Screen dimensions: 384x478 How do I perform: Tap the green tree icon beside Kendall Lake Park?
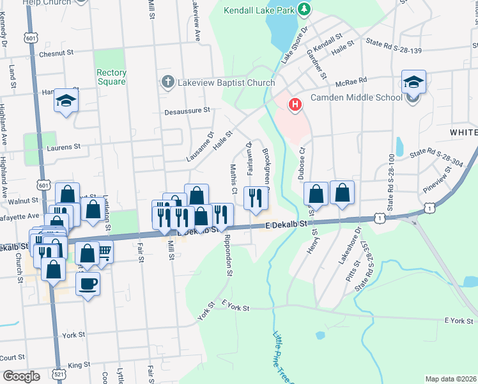coord(305,10)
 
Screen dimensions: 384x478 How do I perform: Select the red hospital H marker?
coord(295,104)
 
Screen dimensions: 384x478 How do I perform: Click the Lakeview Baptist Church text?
coord(226,83)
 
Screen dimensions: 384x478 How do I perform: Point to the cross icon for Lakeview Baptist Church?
coord(167,82)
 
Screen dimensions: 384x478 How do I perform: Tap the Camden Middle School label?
coord(356,98)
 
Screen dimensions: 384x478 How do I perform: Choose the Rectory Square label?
coord(111,77)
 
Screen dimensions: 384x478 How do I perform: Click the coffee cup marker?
coord(88,283)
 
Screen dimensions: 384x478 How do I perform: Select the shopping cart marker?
coord(104,252)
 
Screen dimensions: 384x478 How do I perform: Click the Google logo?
coord(21,376)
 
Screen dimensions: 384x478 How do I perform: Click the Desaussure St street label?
coord(187,111)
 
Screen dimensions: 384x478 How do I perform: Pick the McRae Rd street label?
coord(353,80)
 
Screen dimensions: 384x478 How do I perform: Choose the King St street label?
coord(79,365)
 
